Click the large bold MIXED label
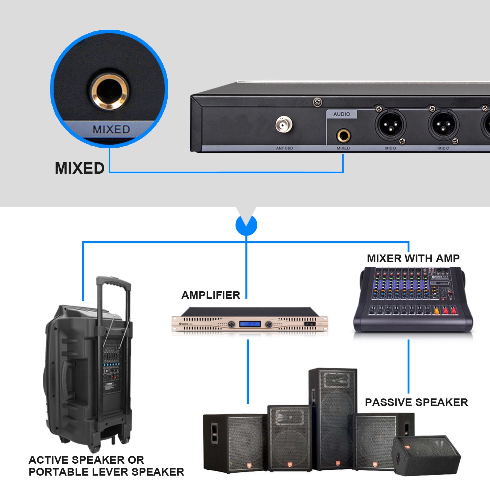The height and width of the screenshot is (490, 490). coord(80,168)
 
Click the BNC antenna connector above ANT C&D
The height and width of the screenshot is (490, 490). coord(284,125)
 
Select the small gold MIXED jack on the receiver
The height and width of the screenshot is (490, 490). coord(343,135)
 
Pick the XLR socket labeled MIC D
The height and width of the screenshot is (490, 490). coord(390,124)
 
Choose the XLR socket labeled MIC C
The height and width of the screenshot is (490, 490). coord(443,124)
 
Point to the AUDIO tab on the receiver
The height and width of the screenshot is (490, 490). coord(341,114)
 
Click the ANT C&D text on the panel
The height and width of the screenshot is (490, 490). coord(285,148)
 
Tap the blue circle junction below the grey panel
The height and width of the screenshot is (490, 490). coord(246,225)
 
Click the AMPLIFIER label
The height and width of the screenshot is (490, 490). coord(211,295)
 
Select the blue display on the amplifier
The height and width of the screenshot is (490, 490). coord(250,324)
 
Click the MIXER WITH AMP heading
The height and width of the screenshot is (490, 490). coord(413,258)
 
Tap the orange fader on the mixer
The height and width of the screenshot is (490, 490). coord(437,311)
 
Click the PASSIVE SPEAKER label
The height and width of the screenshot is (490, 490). coord(416,402)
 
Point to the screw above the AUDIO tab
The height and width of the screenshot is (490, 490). coord(318,102)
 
